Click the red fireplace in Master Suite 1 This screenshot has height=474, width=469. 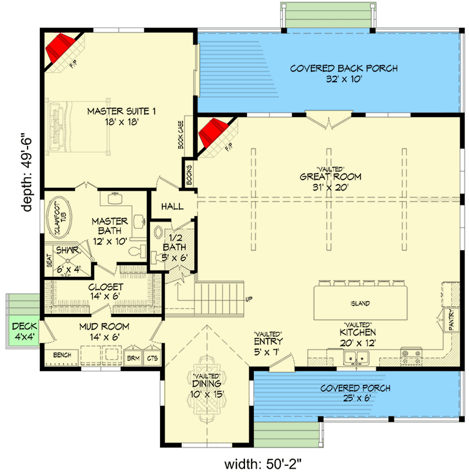[x=59, y=46]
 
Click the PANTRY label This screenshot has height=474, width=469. [x=452, y=320]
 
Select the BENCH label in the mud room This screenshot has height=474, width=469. [x=62, y=355]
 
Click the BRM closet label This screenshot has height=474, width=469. [x=133, y=357]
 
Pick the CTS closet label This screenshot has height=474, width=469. [x=152, y=357]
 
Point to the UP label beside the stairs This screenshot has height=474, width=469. [x=249, y=300]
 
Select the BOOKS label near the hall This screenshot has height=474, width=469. [x=189, y=174]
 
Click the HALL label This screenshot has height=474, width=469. [x=171, y=206]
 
